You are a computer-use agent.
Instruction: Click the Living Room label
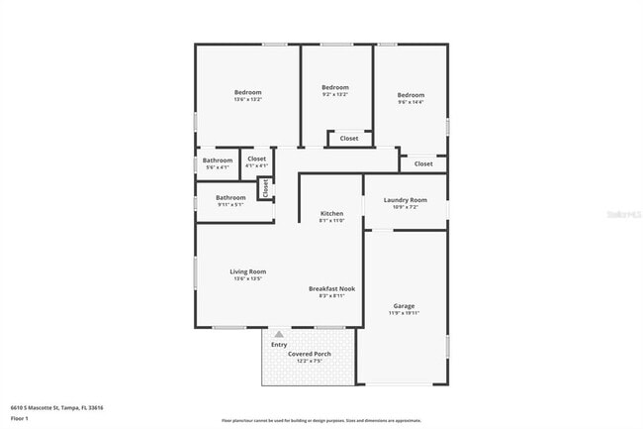(x=248, y=271)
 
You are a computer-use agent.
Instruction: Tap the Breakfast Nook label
(x=331, y=288)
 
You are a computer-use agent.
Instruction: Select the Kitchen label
(x=331, y=213)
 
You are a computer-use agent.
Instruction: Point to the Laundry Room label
(x=405, y=200)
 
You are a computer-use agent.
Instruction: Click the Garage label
(x=404, y=306)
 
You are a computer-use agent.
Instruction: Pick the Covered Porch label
(x=309, y=354)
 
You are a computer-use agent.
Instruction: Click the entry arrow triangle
(x=279, y=335)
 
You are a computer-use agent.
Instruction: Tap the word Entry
(x=279, y=345)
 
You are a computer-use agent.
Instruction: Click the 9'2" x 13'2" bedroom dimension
(x=335, y=96)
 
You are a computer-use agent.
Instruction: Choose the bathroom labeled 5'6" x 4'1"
(x=218, y=167)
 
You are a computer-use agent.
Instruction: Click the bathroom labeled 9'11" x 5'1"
(x=230, y=205)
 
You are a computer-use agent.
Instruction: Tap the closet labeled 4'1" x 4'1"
(x=256, y=165)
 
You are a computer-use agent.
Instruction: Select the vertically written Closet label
(x=265, y=187)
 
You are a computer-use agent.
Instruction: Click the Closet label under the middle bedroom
(x=349, y=139)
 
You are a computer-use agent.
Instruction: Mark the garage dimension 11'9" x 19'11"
(x=404, y=314)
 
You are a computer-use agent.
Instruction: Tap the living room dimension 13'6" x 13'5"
(x=248, y=279)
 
